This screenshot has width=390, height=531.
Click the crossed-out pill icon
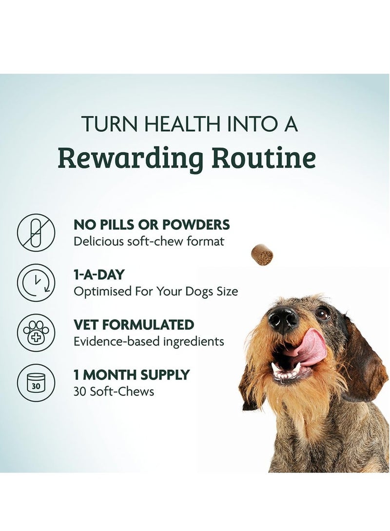tap(36, 233)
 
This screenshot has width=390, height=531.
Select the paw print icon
tap(36, 333)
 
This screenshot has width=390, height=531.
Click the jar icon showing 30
tap(36, 383)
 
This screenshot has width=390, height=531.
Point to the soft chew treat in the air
tap(262, 255)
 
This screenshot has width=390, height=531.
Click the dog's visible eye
tap(322, 313)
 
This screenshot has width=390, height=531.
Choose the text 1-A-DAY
tap(99, 275)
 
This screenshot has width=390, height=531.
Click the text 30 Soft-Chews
tap(114, 391)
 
